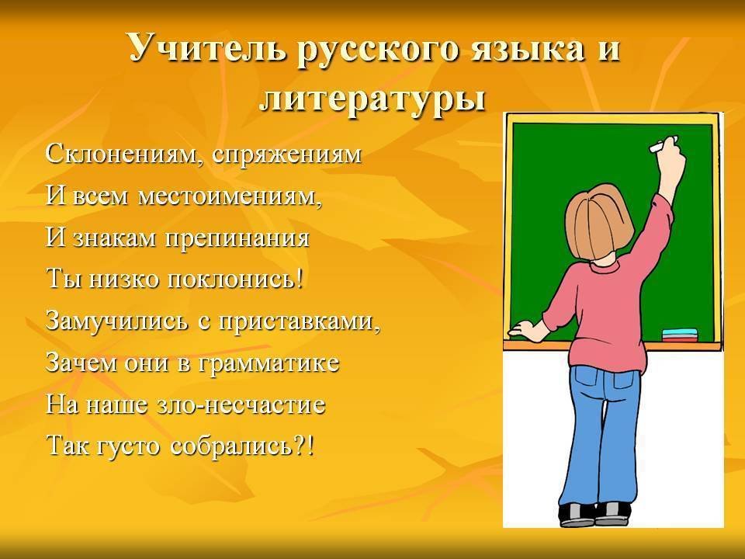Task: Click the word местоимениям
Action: (230, 196)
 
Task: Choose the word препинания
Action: (237, 238)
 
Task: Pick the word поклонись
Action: (234, 279)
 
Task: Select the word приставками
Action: (300, 321)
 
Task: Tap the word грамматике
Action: (268, 363)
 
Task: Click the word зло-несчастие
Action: (241, 405)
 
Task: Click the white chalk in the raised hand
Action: (662, 144)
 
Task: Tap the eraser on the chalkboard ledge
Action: (680, 335)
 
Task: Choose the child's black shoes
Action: (594, 515)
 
